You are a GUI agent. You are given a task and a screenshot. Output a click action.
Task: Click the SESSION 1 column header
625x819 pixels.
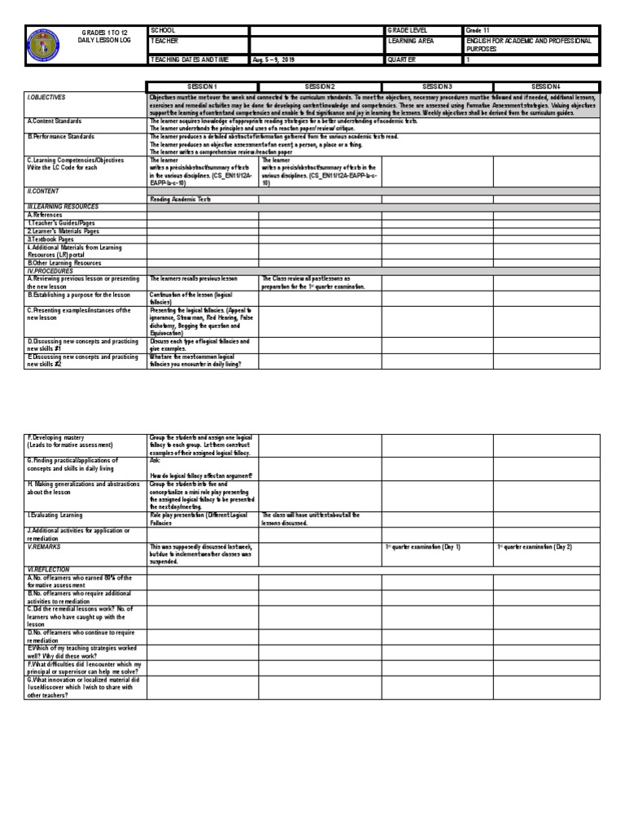pyautogui.click(x=203, y=86)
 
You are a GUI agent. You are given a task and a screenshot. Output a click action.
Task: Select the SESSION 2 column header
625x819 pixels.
pyautogui.click(x=320, y=86)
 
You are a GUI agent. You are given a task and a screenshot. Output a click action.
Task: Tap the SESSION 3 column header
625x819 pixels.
pyautogui.click(x=437, y=86)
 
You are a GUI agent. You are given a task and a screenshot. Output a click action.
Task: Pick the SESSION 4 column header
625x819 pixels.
pyautogui.click(x=546, y=86)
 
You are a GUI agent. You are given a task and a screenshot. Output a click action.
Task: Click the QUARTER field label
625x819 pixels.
pyautogui.click(x=403, y=59)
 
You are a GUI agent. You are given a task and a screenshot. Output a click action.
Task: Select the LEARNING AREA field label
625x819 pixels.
pyautogui.click(x=413, y=40)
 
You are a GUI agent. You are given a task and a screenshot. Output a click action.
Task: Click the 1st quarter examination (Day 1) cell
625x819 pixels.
pyautogui.click(x=422, y=547)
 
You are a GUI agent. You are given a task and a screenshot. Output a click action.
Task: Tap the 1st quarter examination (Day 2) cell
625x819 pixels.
pyautogui.click(x=535, y=547)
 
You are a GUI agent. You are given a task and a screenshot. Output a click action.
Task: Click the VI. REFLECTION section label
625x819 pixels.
pyautogui.click(x=49, y=570)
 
